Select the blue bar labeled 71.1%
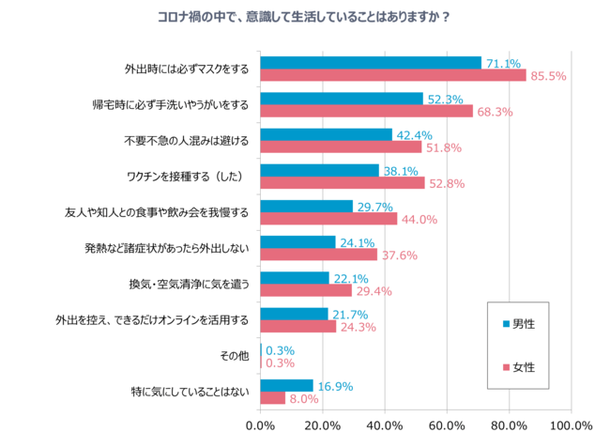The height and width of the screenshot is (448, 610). click(x=370, y=63)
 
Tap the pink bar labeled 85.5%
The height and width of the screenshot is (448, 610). click(x=392, y=75)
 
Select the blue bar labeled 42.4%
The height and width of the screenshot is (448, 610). click(x=326, y=134)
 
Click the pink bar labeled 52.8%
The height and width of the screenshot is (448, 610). click(x=342, y=182)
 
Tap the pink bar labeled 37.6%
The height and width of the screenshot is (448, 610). click(x=318, y=255)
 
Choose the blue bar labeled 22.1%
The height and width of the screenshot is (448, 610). click(x=294, y=278)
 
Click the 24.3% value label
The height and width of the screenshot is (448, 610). click(x=358, y=327)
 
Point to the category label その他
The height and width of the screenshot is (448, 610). click(x=235, y=355)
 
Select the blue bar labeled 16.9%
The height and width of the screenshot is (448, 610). click(x=286, y=385)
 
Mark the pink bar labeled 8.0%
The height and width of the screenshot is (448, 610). click(x=272, y=397)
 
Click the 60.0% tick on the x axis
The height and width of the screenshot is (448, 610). click(x=447, y=425)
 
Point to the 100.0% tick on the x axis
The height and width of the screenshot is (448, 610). click(x=571, y=425)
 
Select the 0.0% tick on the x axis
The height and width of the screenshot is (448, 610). click(x=260, y=425)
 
